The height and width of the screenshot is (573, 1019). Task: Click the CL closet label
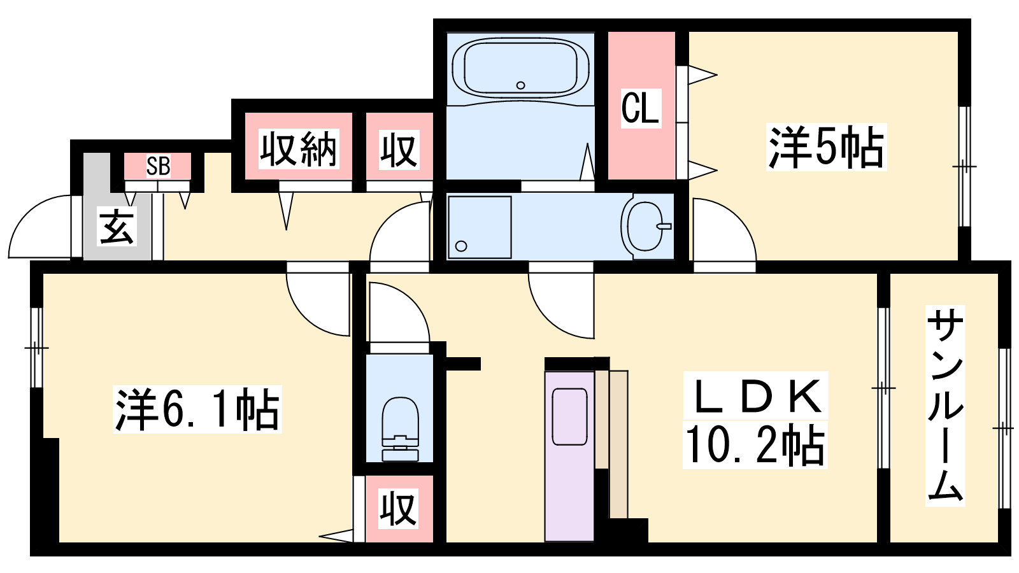click(x=641, y=108)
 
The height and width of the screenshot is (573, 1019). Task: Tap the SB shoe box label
click(x=159, y=166)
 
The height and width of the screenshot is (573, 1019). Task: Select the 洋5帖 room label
click(x=826, y=147)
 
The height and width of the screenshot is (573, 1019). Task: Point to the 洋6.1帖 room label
click(x=197, y=409)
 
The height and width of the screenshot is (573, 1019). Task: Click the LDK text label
click(x=755, y=395)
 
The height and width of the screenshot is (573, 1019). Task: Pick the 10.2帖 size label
click(x=755, y=445)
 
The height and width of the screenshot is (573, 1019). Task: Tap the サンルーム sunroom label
click(x=945, y=406)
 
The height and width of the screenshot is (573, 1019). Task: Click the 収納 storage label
click(x=299, y=149)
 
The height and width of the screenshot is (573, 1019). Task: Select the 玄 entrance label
click(x=117, y=227)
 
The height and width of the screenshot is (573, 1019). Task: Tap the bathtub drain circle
click(x=521, y=85)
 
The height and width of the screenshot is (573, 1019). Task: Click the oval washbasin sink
click(x=645, y=227)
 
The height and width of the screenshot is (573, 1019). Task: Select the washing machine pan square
click(x=480, y=227)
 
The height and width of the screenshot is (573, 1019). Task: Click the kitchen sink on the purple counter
click(x=569, y=416)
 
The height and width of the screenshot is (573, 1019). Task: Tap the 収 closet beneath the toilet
click(x=399, y=509)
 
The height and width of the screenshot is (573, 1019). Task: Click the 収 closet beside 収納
click(x=399, y=149)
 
